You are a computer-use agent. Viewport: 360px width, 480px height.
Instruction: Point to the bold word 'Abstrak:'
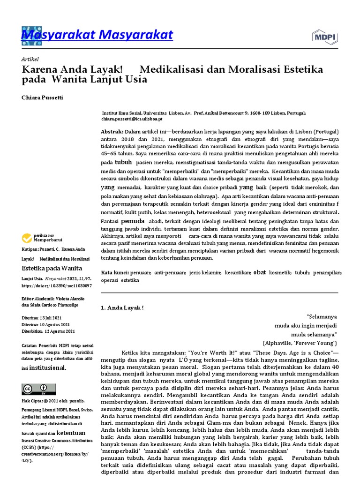pyautogui.click(x=112, y=132)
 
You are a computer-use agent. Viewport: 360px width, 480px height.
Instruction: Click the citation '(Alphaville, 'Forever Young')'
pyautogui.click(x=300, y=343)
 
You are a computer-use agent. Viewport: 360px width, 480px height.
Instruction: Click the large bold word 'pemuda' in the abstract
pyautogui.click(x=133, y=220)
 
